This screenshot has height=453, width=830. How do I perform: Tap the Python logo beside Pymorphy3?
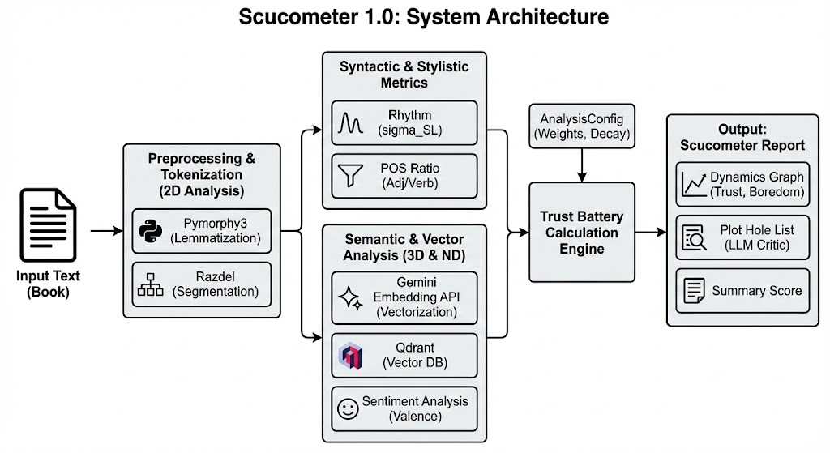click(x=151, y=231)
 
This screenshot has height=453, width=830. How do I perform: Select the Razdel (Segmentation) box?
click(x=202, y=284)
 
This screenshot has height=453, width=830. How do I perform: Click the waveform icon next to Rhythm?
click(x=349, y=123)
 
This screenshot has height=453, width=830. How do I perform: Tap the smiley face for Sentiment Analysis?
click(x=349, y=408)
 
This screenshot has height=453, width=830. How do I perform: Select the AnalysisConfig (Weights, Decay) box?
click(x=581, y=126)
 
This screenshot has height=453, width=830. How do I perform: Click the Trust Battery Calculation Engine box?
click(x=581, y=232)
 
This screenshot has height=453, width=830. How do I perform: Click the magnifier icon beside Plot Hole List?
click(x=694, y=237)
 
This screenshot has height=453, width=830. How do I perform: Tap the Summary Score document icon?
click(x=694, y=291)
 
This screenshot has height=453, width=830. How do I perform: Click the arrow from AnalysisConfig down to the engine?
click(x=581, y=165)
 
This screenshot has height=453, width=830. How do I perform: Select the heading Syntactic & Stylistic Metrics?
click(x=404, y=74)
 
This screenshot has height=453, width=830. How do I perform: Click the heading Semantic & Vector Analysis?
click(x=404, y=246)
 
